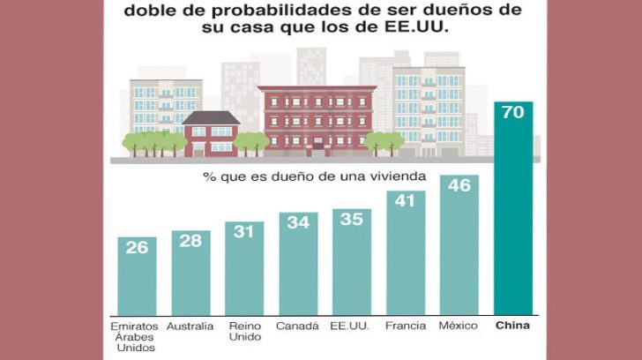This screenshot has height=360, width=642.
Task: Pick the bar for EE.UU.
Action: tap(351, 261)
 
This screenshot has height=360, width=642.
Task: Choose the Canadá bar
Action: tap(298, 263)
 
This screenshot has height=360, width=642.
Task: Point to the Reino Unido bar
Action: tap(244, 268)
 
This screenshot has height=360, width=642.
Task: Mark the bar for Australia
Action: tap(190, 273)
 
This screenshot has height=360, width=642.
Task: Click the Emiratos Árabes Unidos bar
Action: tap(137, 276)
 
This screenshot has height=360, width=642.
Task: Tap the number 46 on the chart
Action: tap(459, 187)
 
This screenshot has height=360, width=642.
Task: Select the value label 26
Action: tap(137, 248)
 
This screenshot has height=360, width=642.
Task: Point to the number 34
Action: tap(298, 223)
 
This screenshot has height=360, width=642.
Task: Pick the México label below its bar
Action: tap(458, 326)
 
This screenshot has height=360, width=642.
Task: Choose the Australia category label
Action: tap(190, 326)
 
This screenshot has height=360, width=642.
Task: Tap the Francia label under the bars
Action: tap(405, 326)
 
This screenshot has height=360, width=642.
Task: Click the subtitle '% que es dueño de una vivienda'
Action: tap(316, 176)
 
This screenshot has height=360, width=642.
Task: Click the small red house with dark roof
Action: tap(210, 133)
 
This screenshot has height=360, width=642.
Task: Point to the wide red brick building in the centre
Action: tap(317, 119)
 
